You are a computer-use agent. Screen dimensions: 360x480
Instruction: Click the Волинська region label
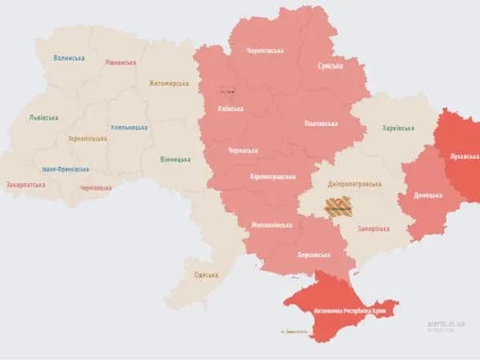(x=69, y=58)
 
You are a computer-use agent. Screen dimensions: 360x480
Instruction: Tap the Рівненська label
(x=121, y=62)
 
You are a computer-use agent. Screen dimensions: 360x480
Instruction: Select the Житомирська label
(x=168, y=83)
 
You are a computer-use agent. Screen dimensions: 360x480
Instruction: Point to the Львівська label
(x=43, y=118)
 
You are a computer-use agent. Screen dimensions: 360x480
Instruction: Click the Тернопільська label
(x=87, y=138)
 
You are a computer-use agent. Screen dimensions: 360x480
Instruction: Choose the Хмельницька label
(x=129, y=128)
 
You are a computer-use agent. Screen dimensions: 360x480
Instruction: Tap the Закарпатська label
(x=25, y=184)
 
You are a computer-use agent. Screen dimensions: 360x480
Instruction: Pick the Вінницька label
(x=175, y=159)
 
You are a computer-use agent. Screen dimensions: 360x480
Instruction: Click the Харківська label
(x=398, y=128)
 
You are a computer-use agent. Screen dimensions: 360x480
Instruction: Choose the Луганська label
(x=457, y=153)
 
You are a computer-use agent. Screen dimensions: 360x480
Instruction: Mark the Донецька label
(x=428, y=195)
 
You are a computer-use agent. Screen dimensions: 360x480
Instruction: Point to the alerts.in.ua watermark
(x=441, y=324)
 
